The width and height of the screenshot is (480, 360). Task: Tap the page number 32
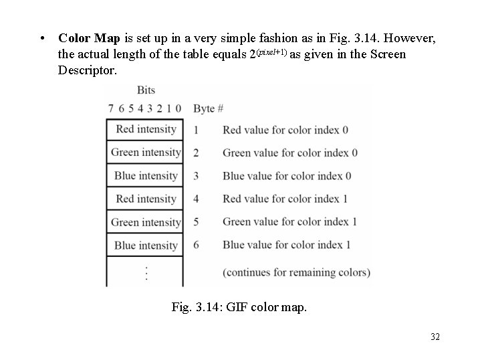(x=435, y=337)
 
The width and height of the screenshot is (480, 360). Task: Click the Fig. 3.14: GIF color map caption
(x=239, y=307)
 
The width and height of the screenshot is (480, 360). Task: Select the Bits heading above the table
(x=146, y=90)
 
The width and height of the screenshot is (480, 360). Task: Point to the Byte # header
(x=208, y=108)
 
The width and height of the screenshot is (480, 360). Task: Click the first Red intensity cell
(x=146, y=129)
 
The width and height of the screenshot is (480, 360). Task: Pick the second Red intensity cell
(x=146, y=199)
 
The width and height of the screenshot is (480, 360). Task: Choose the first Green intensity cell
(x=146, y=153)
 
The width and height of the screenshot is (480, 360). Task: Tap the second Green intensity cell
(x=146, y=222)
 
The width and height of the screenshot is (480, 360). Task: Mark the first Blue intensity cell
(x=146, y=176)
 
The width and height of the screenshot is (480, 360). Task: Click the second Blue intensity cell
(x=146, y=246)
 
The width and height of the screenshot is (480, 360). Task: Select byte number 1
(x=196, y=130)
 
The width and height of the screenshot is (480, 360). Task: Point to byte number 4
(x=196, y=199)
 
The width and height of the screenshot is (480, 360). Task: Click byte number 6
(x=196, y=245)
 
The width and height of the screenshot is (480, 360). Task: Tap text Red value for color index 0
(x=285, y=130)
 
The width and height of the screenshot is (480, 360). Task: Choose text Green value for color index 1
(x=289, y=222)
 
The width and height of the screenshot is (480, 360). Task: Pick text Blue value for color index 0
(x=287, y=176)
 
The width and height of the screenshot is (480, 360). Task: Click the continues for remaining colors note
(x=296, y=272)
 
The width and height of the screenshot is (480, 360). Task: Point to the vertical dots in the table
(x=146, y=272)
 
